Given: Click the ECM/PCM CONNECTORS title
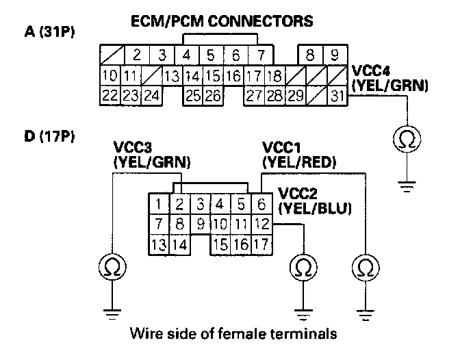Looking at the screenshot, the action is pos(222,21).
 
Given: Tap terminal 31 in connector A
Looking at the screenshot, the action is pos(337,96).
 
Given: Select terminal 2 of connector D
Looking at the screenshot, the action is pos(179,204).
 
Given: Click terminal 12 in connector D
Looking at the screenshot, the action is pos(261,224).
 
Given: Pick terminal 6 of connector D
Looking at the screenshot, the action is pos(261,204).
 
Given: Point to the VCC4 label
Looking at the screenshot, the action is pos(371,70).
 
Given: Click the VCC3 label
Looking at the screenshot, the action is pos(133,147).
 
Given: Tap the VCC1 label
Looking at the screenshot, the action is pos(281,147).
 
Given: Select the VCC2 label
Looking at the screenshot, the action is pos(298,194).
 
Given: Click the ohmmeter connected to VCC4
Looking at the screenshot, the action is pos(407,139).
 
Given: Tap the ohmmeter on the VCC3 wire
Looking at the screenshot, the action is pos(112,267).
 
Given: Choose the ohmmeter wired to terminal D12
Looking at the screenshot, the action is pos(303,267).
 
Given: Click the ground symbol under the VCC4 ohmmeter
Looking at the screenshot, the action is pos(407,187).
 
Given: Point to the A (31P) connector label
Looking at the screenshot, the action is pos(49,31).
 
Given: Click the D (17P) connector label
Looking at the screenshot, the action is pos(49,136).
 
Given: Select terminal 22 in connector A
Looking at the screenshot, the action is pos(110,96).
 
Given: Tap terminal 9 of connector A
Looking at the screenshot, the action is pos(335,55).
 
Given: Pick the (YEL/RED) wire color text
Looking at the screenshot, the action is pos(299,162).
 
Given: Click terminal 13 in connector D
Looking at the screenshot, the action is pos(159,245).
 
